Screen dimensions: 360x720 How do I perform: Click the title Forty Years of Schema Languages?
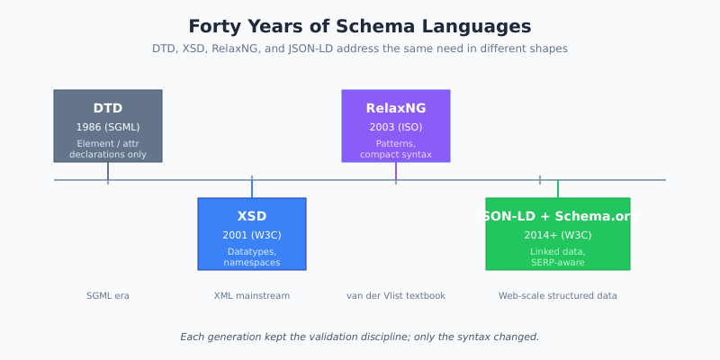pyautogui.click(x=360, y=27)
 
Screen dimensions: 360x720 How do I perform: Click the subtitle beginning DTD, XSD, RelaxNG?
pyautogui.click(x=360, y=49)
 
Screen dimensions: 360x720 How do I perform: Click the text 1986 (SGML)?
pyautogui.click(x=108, y=127)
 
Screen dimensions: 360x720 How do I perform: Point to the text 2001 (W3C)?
pyautogui.click(x=252, y=235)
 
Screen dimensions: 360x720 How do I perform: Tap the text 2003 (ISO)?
pyautogui.click(x=396, y=127)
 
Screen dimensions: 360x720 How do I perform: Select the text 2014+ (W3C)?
pyautogui.click(x=558, y=235)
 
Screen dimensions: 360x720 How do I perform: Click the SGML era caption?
pyautogui.click(x=108, y=296)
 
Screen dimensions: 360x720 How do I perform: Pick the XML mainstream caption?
pyautogui.click(x=252, y=296)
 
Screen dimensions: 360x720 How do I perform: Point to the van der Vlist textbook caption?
pyautogui.click(x=396, y=296)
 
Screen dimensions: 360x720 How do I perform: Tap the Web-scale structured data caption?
pyautogui.click(x=558, y=296)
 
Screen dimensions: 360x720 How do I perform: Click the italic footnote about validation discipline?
pyautogui.click(x=360, y=337)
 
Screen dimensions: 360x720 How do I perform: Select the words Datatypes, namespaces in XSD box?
pyautogui.click(x=252, y=257)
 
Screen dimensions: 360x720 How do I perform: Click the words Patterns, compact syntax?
pyautogui.click(x=396, y=149)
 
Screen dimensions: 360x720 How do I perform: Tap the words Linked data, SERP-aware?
pyautogui.click(x=558, y=257)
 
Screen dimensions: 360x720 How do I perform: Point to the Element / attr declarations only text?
pyautogui.click(x=108, y=149)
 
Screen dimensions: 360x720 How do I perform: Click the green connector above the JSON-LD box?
pyautogui.click(x=558, y=189)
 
